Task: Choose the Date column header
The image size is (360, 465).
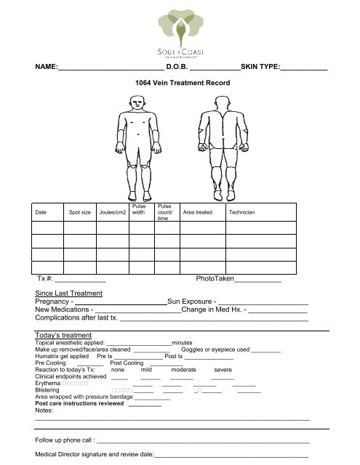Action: pyautogui.click(x=41, y=212)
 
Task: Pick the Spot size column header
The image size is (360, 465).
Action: pyautogui.click(x=79, y=212)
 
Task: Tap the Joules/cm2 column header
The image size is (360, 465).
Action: pyautogui.click(x=113, y=212)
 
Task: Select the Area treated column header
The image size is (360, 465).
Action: pyautogui.click(x=198, y=212)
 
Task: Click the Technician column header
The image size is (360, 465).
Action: pyautogui.click(x=241, y=212)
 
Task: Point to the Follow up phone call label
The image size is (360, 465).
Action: pyautogui.click(x=64, y=441)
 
